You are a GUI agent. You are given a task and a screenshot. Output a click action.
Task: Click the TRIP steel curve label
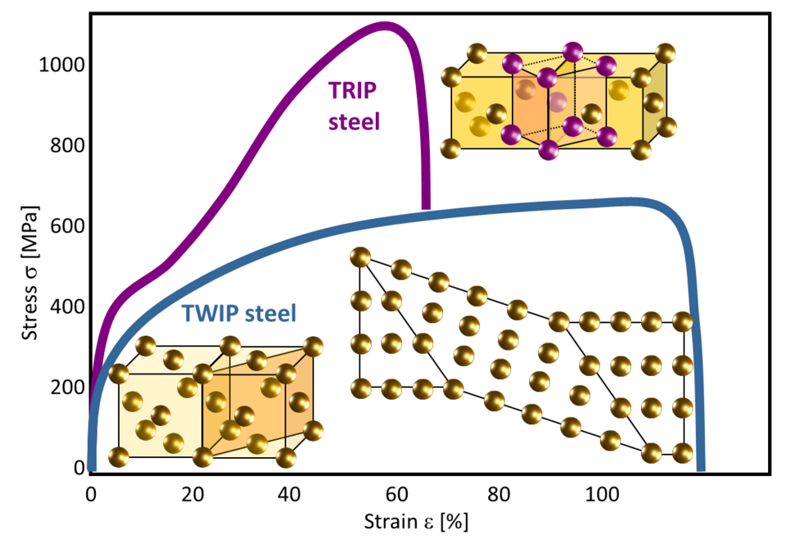pyautogui.click(x=355, y=105)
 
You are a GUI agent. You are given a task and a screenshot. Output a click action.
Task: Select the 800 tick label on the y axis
pyautogui.click(x=63, y=145)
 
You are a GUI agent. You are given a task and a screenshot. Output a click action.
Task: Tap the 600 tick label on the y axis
pyautogui.click(x=63, y=226)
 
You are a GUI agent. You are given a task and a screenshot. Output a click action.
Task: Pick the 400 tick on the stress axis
pyautogui.click(x=63, y=306)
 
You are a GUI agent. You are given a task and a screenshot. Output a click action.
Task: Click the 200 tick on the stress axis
pyautogui.click(x=63, y=387)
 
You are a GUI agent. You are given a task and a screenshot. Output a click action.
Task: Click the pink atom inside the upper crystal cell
pyautogui.click(x=558, y=101)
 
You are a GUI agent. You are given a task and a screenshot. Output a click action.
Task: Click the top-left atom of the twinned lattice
pyautogui.click(x=360, y=257)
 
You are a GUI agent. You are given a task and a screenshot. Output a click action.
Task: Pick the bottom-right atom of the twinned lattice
pyautogui.click(x=684, y=451)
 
